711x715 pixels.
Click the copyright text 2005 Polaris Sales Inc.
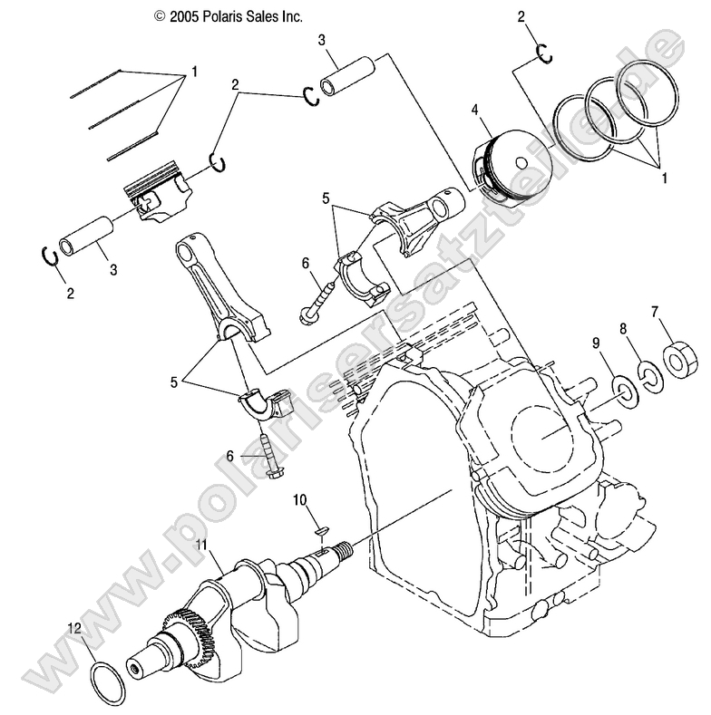click(x=228, y=16)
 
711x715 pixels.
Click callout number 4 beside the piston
click(x=473, y=111)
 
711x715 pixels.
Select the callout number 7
click(x=655, y=313)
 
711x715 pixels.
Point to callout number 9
click(x=596, y=342)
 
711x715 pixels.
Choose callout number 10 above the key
click(x=299, y=500)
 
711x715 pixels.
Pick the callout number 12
click(x=77, y=627)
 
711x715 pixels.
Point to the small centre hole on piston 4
click(x=521, y=162)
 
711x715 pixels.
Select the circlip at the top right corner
click(x=546, y=53)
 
